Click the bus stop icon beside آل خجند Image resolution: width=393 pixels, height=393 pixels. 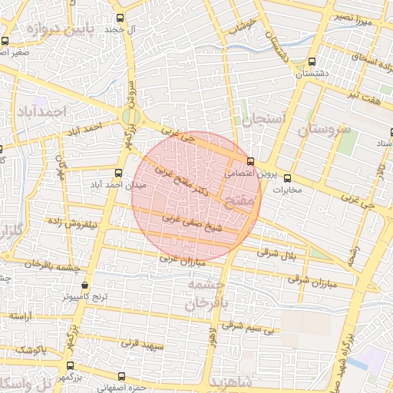coord(119,18)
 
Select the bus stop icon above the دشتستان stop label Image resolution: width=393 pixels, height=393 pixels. coord(311,62)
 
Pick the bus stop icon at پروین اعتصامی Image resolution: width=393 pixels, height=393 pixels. coord(251,161)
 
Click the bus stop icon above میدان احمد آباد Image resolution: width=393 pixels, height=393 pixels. coord(118,173)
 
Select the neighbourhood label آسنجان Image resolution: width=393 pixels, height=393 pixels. coord(263,120)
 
